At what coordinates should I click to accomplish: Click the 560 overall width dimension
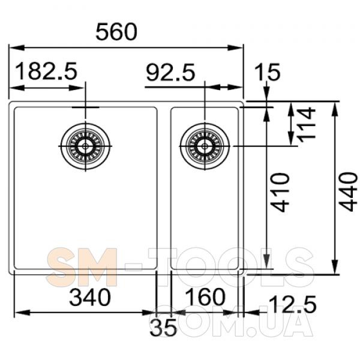(116, 32)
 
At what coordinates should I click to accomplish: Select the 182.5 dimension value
(47, 71)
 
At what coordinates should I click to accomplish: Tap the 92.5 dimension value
(170, 73)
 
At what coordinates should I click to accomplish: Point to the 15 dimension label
(268, 72)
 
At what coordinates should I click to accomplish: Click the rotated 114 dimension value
(306, 123)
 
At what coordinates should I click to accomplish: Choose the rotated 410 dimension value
(280, 193)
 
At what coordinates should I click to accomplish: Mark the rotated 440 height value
(349, 191)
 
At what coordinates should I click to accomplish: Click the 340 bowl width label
(90, 298)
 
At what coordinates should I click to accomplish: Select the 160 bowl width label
(205, 297)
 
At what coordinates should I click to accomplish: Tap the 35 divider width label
(163, 327)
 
